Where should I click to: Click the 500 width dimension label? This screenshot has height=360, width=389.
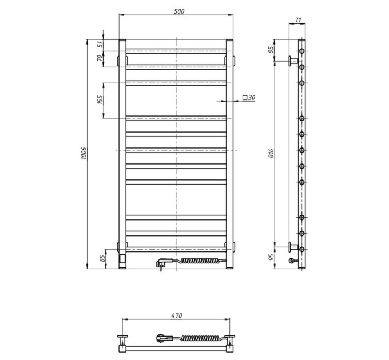pyautogui.click(x=179, y=11)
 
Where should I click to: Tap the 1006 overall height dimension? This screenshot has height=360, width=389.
pyautogui.click(x=84, y=153)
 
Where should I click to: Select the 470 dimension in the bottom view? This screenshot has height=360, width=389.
pyautogui.click(x=177, y=315)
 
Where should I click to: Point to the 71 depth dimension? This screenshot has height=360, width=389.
pyautogui.click(x=298, y=20)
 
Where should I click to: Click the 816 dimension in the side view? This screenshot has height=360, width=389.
pyautogui.click(x=271, y=154)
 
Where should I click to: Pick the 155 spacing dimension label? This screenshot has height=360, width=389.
pyautogui.click(x=100, y=99)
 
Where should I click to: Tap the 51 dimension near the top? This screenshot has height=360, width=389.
pyautogui.click(x=100, y=45)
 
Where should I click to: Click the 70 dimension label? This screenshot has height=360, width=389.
pyautogui.click(x=100, y=58)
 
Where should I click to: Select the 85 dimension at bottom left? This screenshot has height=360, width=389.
pyautogui.click(x=102, y=259)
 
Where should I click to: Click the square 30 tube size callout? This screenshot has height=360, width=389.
pyautogui.click(x=249, y=98)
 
